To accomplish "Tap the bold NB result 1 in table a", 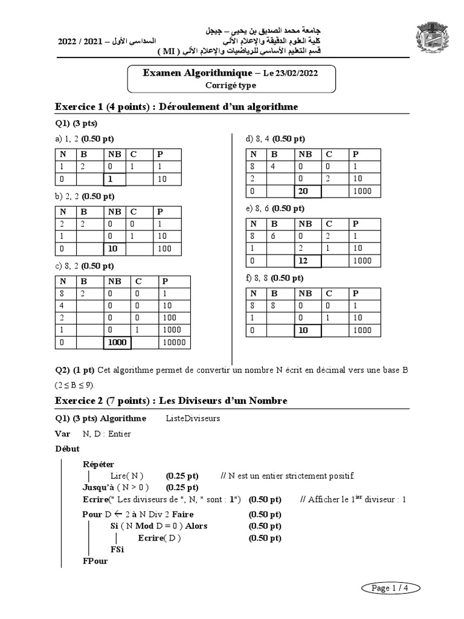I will (x=111, y=180).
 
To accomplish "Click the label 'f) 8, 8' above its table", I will (x=259, y=278).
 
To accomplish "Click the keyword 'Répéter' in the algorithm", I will (x=98, y=464).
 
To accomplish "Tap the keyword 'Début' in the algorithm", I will (x=67, y=449).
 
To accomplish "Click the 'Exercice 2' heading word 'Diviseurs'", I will (x=211, y=401).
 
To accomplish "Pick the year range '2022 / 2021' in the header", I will (x=80, y=42).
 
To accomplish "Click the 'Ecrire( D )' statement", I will (x=159, y=538).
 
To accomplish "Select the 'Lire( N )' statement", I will (x=127, y=476).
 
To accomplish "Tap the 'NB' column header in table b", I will (x=114, y=212).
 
